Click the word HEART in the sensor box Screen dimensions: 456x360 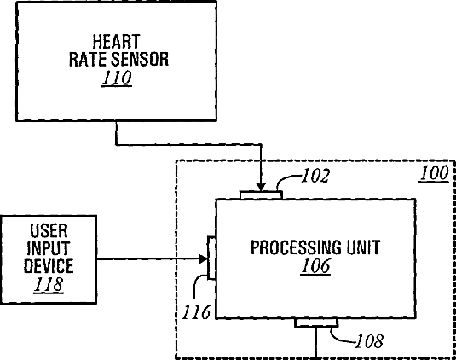pyautogui.click(x=116, y=42)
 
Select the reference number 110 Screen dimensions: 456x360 pyautogui.click(x=117, y=78)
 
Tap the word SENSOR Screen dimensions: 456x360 pyautogui.click(x=140, y=60)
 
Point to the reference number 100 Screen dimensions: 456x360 pyautogui.click(x=434, y=174)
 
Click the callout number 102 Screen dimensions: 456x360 pyautogui.click(x=316, y=176)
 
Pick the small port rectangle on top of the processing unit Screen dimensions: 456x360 pyautogui.click(x=261, y=195)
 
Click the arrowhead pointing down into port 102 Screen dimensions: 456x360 pyautogui.click(x=261, y=187)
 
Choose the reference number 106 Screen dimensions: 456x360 pyautogui.click(x=316, y=266)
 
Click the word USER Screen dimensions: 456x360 pyautogui.click(x=49, y=231)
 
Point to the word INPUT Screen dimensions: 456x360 pyautogui.click(x=49, y=248)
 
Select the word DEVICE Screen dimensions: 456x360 pyautogui.click(x=49, y=265)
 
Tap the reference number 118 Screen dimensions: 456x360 pyautogui.click(x=49, y=284)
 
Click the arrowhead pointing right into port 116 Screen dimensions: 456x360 pyautogui.click(x=203, y=258)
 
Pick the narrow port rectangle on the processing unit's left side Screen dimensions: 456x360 pyautogui.click(x=211, y=258)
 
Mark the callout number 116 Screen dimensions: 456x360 pyautogui.click(x=196, y=312)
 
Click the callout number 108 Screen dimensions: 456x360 pyautogui.click(x=369, y=341)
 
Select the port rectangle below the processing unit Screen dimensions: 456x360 pyautogui.click(x=316, y=322)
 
